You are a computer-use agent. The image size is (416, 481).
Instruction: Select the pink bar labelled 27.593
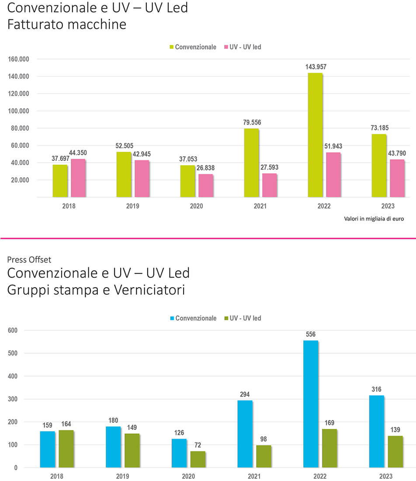pyautogui.click(x=269, y=185)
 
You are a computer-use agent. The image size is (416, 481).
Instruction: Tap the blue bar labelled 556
pyautogui.click(x=310, y=404)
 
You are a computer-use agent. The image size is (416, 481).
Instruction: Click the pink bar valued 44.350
pyautogui.click(x=78, y=178)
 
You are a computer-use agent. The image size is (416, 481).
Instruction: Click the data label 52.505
pyautogui.click(x=125, y=146)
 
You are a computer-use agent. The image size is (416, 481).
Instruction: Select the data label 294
pyautogui.click(x=245, y=394)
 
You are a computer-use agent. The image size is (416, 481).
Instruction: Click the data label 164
pyautogui.click(x=66, y=424)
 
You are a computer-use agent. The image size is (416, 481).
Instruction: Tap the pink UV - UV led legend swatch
pyautogui.click(x=226, y=47)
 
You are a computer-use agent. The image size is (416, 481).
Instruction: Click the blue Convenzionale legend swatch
pyautogui.click(x=172, y=318)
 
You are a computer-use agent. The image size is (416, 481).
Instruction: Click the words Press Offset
pyautogui.click(x=29, y=260)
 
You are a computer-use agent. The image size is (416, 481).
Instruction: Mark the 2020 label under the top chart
pyautogui.click(x=196, y=206)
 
